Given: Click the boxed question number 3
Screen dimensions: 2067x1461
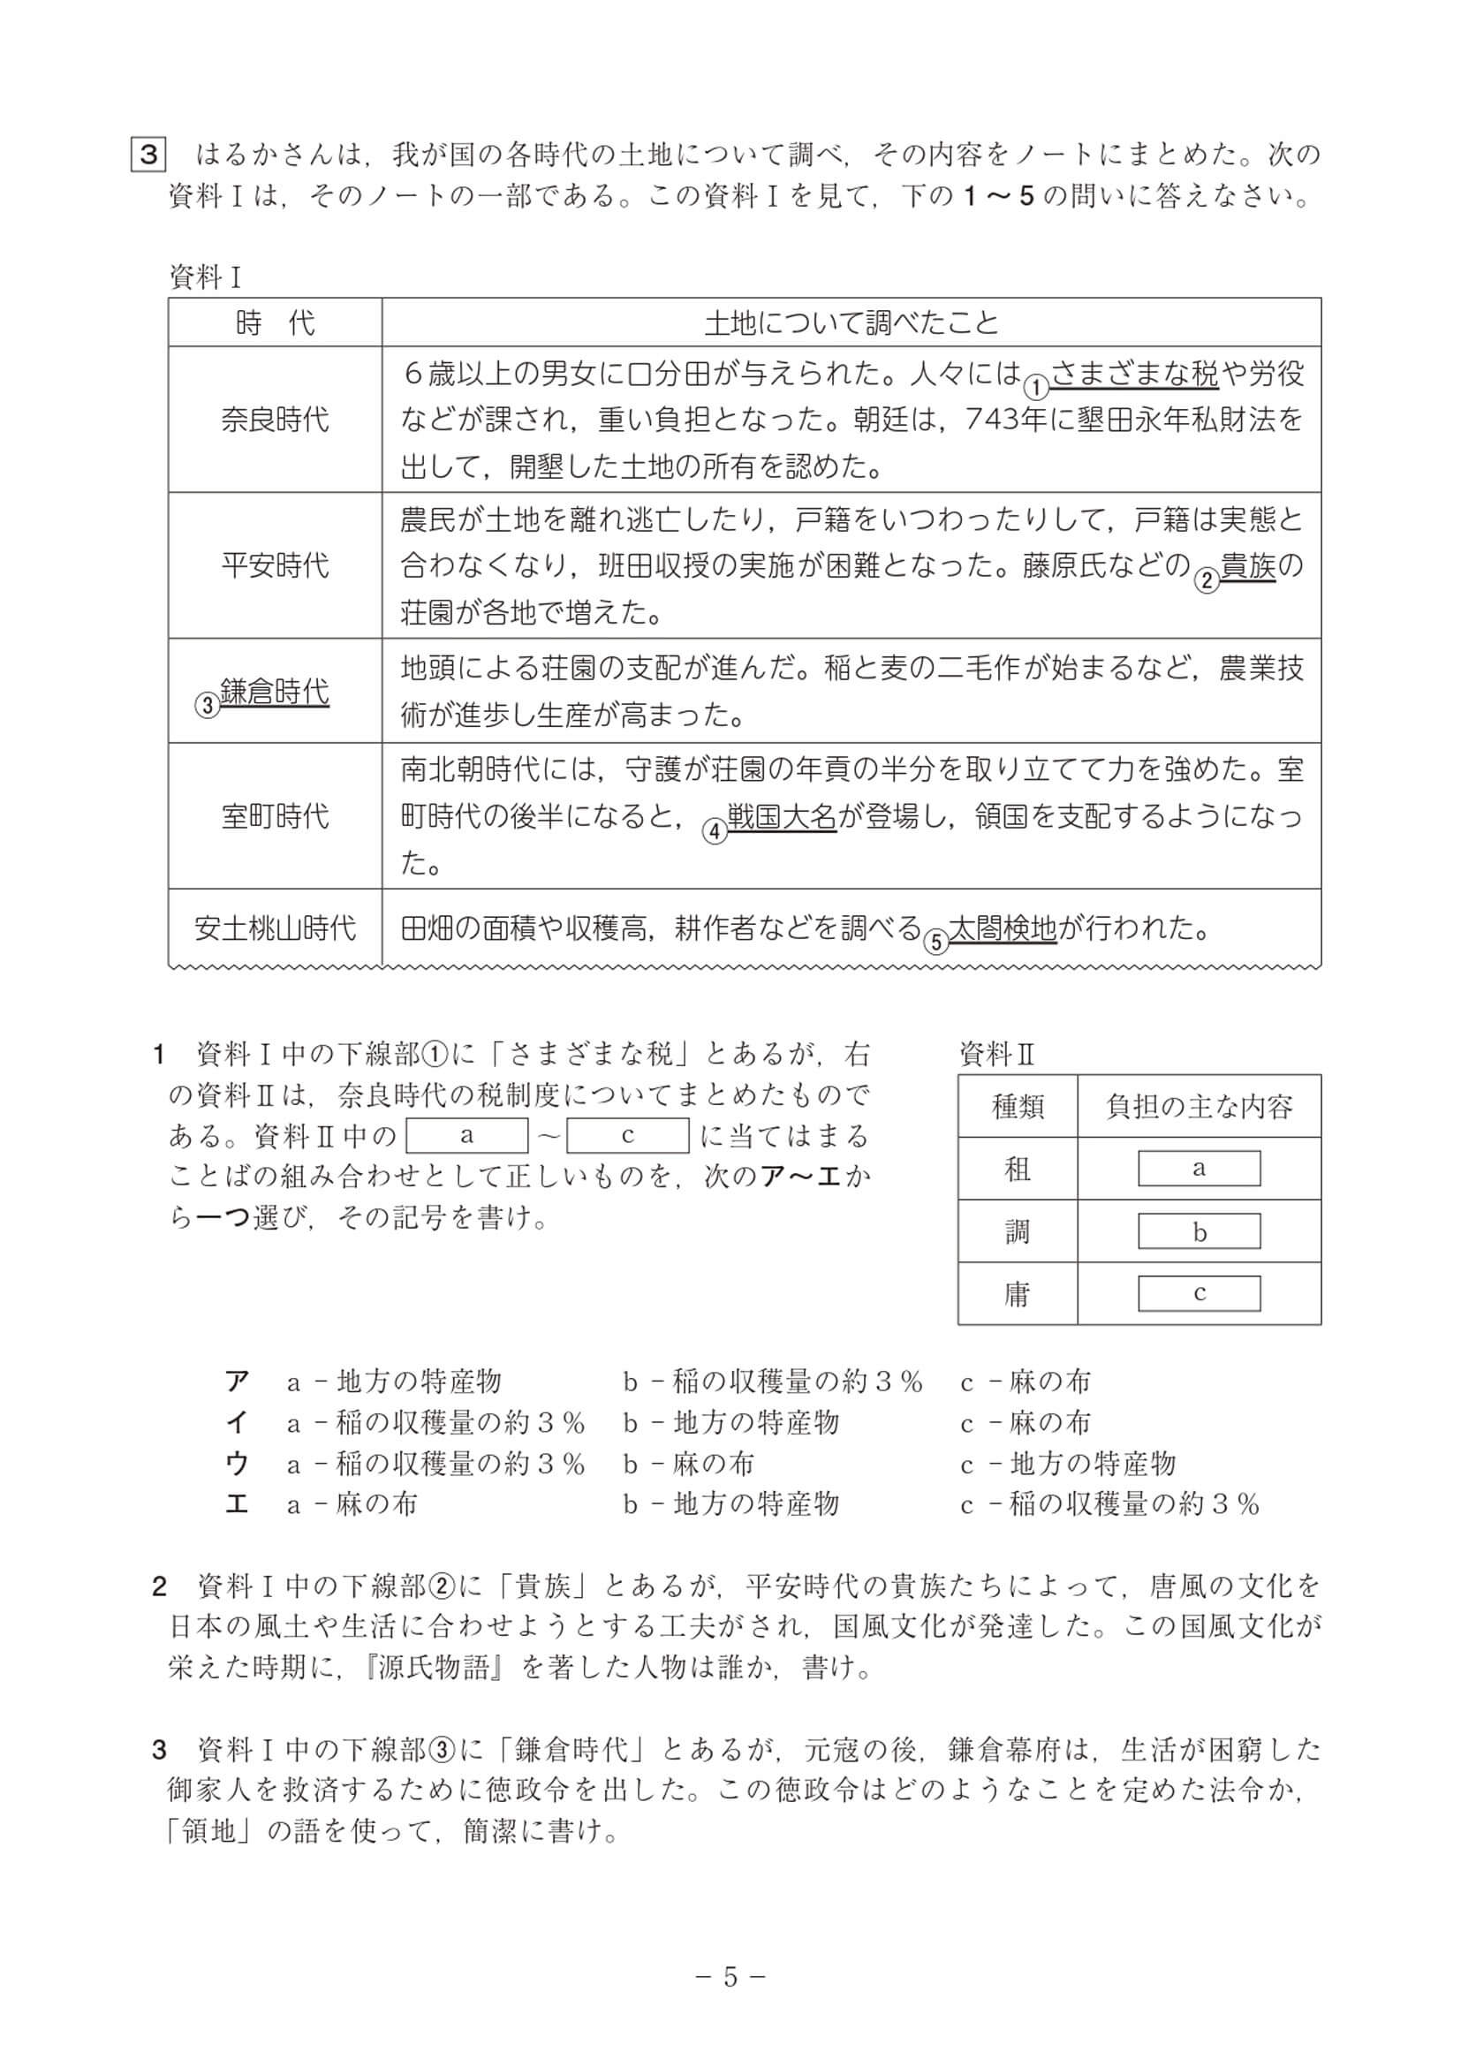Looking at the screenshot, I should click(x=148, y=154).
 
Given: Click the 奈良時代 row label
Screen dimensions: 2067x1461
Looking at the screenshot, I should click(x=275, y=420).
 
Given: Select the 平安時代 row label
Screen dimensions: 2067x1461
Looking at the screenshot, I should click(x=275, y=565).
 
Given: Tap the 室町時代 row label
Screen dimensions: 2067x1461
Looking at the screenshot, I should click(x=275, y=816).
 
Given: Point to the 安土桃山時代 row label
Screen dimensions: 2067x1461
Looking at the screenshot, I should click(x=275, y=927).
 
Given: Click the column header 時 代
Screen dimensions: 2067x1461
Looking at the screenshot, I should click(x=275, y=322).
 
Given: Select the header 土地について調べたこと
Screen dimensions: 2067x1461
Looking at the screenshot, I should click(x=851, y=322).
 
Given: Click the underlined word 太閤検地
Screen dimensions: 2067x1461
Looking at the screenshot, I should click(x=1002, y=927).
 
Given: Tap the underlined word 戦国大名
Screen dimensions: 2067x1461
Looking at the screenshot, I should click(x=782, y=816).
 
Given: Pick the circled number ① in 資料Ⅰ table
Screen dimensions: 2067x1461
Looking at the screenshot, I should click(x=1036, y=387).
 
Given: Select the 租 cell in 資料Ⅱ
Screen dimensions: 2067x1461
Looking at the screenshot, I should click(x=1018, y=1169).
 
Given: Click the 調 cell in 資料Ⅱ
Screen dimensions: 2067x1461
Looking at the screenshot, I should click(x=1018, y=1230).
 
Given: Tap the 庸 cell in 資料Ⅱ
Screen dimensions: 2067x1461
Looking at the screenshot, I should click(x=1018, y=1294).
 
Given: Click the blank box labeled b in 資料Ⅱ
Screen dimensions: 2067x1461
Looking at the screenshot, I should click(x=1198, y=1231).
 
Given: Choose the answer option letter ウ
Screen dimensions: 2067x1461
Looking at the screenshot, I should click(x=237, y=1464).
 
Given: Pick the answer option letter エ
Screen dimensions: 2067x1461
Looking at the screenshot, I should click(x=237, y=1504).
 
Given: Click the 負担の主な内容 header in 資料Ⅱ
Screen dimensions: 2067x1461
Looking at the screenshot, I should click(x=1198, y=1106).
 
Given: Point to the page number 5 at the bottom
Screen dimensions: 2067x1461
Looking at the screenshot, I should click(x=730, y=1977).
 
